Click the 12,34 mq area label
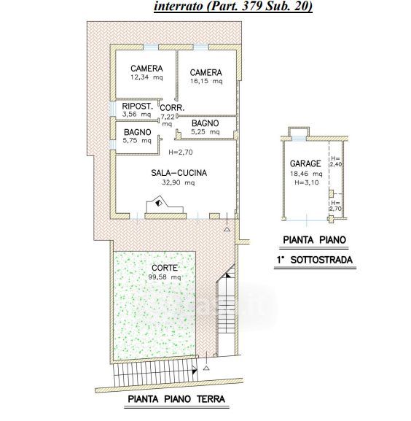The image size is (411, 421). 146,77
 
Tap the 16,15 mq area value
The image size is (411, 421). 206,81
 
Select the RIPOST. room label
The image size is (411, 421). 137,106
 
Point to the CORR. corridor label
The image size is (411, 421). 172,108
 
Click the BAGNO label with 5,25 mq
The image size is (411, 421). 205,123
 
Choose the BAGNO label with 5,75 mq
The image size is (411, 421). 138,132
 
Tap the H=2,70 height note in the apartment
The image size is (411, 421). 181,152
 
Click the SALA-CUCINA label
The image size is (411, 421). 179,173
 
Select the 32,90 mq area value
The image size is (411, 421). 179,182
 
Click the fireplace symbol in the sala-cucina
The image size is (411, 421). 159,204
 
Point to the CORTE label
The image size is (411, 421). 165,268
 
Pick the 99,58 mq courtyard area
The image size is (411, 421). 165,277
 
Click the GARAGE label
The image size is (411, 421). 305,163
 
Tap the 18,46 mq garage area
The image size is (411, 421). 306,174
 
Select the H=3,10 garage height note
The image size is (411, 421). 307,182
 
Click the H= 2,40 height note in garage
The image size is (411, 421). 336,161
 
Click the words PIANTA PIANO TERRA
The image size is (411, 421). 176,399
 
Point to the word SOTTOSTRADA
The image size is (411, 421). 321,260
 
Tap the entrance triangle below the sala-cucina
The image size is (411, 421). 227,229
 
